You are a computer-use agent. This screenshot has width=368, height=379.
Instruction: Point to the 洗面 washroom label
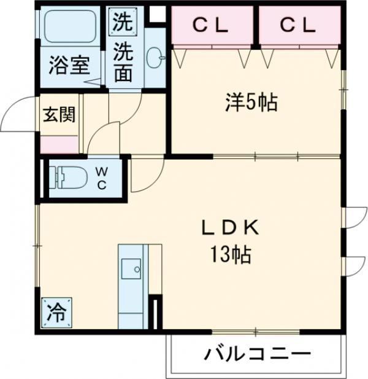pos(123,62)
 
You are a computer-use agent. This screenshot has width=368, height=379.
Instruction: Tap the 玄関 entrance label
pos(59,115)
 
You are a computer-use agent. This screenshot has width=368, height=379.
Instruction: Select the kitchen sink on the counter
pos(131,268)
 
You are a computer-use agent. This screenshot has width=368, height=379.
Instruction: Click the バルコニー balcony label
pos(258,354)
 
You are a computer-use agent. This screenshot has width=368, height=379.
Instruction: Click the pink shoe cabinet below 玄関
pos(59,144)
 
